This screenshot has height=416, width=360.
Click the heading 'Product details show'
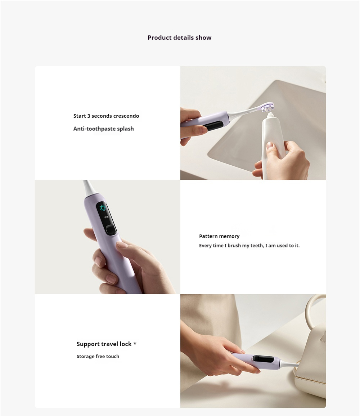coord(180,38)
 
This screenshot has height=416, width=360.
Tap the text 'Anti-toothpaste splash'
coord(103,129)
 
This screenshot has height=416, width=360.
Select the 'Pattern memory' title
coord(219,236)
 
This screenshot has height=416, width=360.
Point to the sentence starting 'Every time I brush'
coord(249,246)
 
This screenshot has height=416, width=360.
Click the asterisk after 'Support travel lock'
coord(135,344)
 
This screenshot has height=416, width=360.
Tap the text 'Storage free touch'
coord(98,356)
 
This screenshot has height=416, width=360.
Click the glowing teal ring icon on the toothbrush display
coord(103,208)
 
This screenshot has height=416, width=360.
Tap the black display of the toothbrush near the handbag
coord(263,359)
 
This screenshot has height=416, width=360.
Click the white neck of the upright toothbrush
coord(87,189)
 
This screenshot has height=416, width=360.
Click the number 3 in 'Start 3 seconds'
coord(89,116)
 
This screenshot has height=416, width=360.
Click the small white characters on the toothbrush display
coord(106,217)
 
